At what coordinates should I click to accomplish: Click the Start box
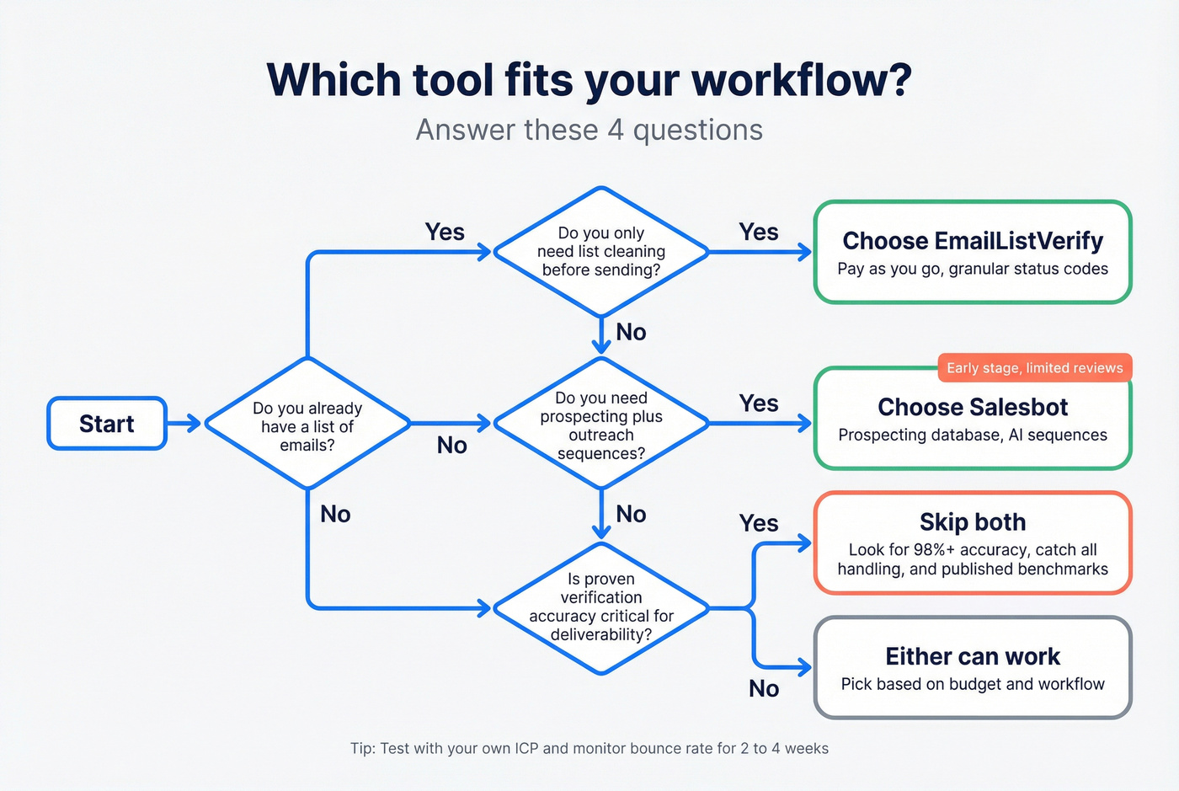107,424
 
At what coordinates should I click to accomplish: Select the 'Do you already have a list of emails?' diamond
307,424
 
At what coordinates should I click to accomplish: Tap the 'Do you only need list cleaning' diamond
600,251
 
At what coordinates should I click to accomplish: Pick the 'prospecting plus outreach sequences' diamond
600,424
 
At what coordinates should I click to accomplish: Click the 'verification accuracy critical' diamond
600,607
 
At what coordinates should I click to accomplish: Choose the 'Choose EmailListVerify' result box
973,252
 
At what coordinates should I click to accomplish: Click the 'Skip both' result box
973,543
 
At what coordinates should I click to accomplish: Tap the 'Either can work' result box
973,668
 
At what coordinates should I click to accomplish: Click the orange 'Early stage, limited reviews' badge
1034,368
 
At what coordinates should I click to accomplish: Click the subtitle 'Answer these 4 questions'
589,130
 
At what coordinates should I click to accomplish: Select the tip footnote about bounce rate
589,748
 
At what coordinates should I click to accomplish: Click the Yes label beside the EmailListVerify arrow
758,232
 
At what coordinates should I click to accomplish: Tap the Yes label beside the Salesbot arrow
758,404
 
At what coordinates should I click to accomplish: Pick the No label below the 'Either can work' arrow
764,689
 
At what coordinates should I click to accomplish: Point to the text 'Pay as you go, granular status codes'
973,270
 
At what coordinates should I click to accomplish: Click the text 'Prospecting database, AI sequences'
973,436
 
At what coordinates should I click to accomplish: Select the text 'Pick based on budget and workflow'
973,684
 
